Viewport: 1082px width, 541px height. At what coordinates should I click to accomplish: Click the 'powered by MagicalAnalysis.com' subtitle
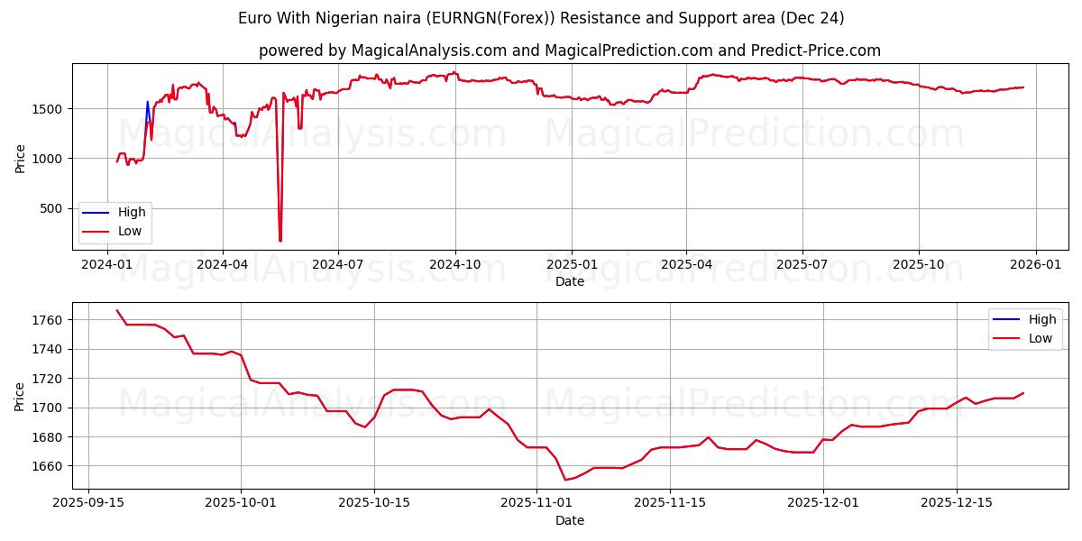(x=569, y=50)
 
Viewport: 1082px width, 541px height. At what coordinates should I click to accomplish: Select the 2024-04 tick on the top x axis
(x=222, y=263)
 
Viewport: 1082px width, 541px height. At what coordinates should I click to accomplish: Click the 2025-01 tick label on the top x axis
(x=571, y=263)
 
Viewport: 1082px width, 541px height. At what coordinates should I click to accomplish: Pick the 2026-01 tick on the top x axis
(x=1035, y=263)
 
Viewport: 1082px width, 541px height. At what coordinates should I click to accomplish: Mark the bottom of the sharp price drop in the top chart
(x=280, y=240)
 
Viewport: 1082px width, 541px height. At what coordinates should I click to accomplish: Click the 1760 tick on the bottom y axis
(x=50, y=320)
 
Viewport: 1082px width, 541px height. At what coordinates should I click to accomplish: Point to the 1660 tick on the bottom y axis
(x=50, y=466)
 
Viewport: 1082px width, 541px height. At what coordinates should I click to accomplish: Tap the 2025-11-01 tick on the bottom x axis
(x=536, y=501)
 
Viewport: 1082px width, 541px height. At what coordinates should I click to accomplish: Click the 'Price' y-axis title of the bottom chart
(x=20, y=396)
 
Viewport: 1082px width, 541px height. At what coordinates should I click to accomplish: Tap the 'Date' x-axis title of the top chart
(x=569, y=281)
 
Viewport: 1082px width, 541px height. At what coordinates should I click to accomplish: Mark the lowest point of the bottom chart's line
(x=565, y=480)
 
